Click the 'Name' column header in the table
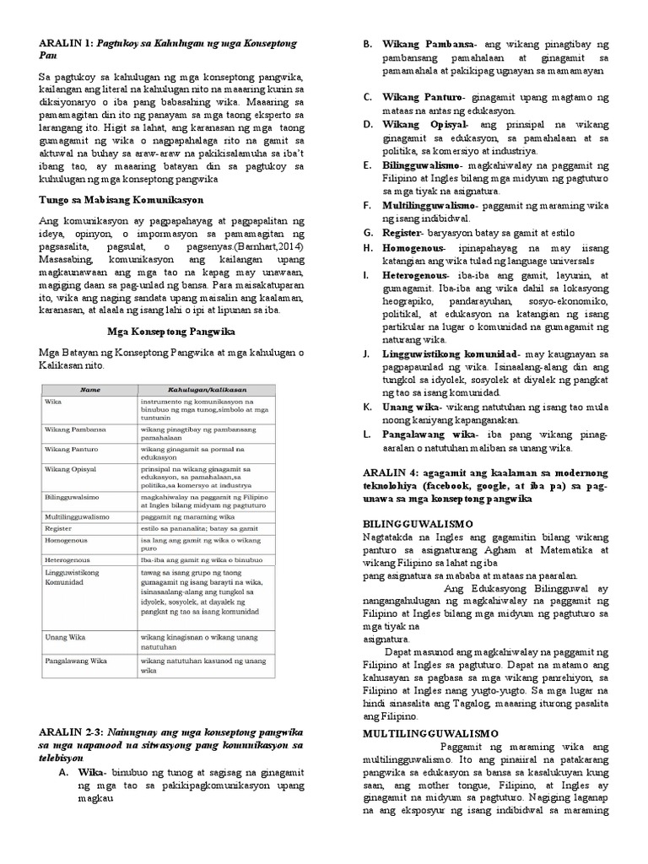click(90, 390)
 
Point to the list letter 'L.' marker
click(368, 434)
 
